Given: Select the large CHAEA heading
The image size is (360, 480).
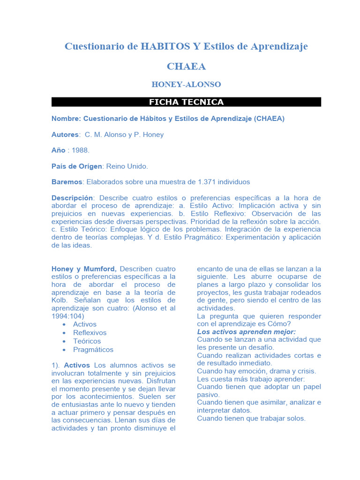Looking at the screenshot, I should tap(186, 67).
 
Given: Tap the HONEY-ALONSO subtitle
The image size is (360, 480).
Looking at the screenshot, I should tap(186, 85).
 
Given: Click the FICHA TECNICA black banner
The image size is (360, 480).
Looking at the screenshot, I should tap(186, 102).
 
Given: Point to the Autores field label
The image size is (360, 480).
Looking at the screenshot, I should tap(65, 135).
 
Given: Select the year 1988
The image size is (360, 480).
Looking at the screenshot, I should tap(81, 150).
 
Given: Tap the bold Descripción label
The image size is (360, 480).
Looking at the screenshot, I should tap(73, 198).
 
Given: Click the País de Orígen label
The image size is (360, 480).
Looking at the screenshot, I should tap(77, 166).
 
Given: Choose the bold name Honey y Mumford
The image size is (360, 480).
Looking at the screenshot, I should tap(84, 269).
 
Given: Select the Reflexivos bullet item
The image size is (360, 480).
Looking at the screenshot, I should tap(90, 332).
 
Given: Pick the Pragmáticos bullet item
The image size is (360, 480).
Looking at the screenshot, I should tap(93, 349).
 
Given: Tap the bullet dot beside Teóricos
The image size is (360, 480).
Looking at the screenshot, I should tap(63, 341).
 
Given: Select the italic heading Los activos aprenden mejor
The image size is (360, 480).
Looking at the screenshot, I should tap(246, 332).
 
